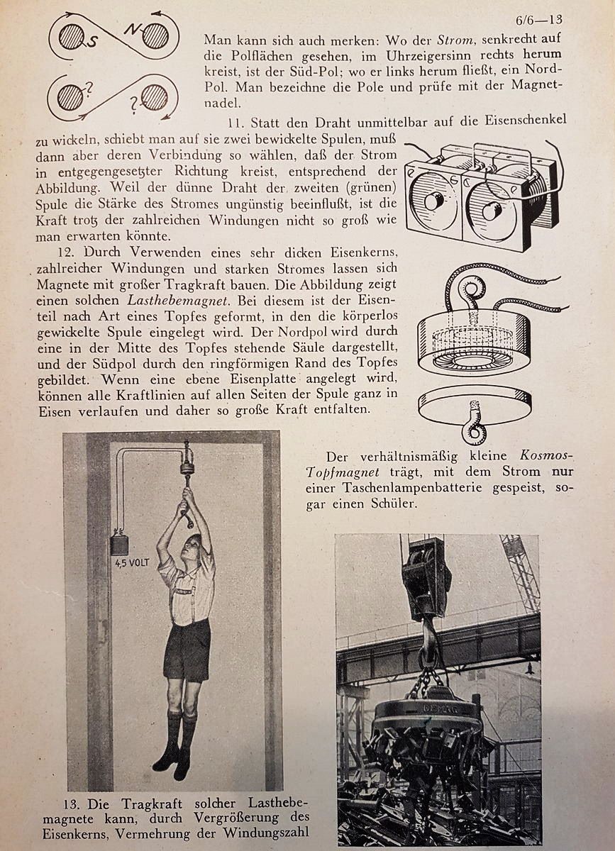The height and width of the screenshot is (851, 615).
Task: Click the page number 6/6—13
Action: [x=540, y=19]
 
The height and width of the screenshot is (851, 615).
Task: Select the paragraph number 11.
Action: [x=236, y=120]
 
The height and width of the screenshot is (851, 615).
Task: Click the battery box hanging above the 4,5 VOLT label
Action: [x=119, y=544]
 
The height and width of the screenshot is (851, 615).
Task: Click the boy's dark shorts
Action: [x=187, y=650]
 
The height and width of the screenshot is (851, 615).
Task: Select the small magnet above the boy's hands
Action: [x=187, y=467]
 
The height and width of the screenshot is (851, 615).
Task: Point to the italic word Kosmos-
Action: [x=547, y=456]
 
